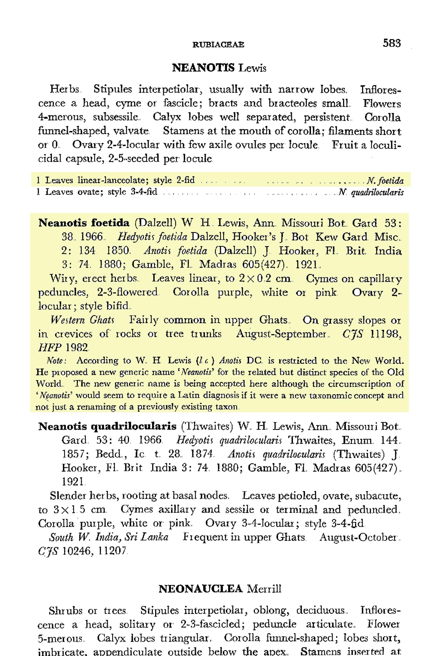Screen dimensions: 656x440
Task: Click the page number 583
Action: [392, 43]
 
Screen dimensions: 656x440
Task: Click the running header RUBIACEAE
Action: [218, 45]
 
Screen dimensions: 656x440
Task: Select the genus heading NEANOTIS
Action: [203, 68]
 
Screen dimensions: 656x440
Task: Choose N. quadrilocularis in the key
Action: [371, 192]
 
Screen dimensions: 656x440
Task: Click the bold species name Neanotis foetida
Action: [84, 223]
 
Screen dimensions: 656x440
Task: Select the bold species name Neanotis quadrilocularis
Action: [107, 426]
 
